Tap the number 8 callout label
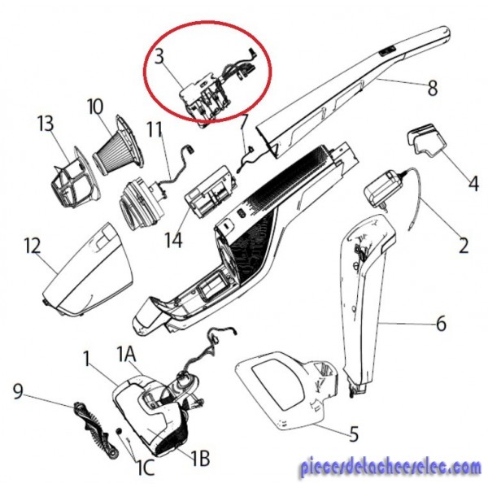coord(433,88)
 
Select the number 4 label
coord(473,183)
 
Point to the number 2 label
coord(464,246)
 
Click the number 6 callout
coord(441,324)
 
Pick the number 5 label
coord(354,434)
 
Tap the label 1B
coord(200,458)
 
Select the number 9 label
coord(18,391)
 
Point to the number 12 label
coord(32,246)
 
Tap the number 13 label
coord(46,124)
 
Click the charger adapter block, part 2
coord(383,189)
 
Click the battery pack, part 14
coord(209,192)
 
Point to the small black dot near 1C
coord(119,431)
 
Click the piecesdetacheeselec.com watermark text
coord(390,468)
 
